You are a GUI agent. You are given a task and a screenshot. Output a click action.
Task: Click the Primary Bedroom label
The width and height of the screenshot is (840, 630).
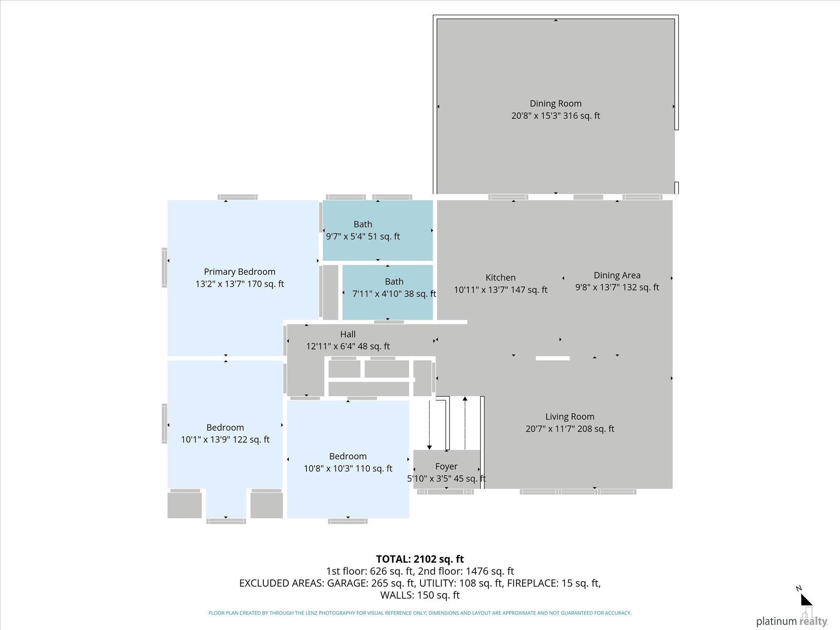point(240,272)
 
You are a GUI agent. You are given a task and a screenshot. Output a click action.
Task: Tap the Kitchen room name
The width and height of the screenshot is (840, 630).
point(500,278)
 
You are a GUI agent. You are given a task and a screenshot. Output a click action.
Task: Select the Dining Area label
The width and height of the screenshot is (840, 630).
point(617,275)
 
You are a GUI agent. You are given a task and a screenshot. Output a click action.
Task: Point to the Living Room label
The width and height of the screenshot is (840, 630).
point(570,417)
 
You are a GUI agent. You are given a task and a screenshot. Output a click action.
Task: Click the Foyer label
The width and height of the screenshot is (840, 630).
point(446,466)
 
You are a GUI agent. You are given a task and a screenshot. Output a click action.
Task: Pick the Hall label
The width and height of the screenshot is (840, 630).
point(348,334)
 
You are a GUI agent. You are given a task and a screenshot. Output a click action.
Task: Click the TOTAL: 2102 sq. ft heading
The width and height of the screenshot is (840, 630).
point(420,559)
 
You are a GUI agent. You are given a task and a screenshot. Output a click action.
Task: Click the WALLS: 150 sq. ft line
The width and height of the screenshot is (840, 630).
point(420,595)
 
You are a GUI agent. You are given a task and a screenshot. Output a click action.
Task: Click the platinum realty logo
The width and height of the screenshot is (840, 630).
point(792,619)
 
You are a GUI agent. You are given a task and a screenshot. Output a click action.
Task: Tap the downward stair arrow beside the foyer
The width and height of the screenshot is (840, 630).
point(429,425)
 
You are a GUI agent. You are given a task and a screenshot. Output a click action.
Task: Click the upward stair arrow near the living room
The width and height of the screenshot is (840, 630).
point(465,423)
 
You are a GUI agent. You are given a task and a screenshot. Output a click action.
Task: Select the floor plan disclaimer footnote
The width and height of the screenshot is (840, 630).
point(420,613)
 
